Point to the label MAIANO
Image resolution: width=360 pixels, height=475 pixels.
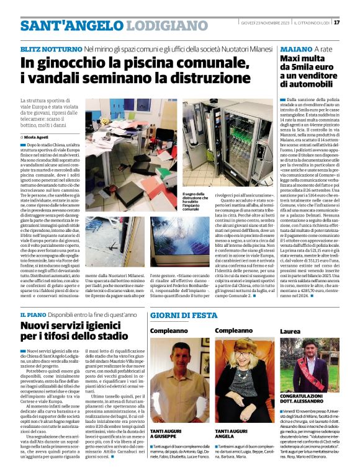click(296, 48)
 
